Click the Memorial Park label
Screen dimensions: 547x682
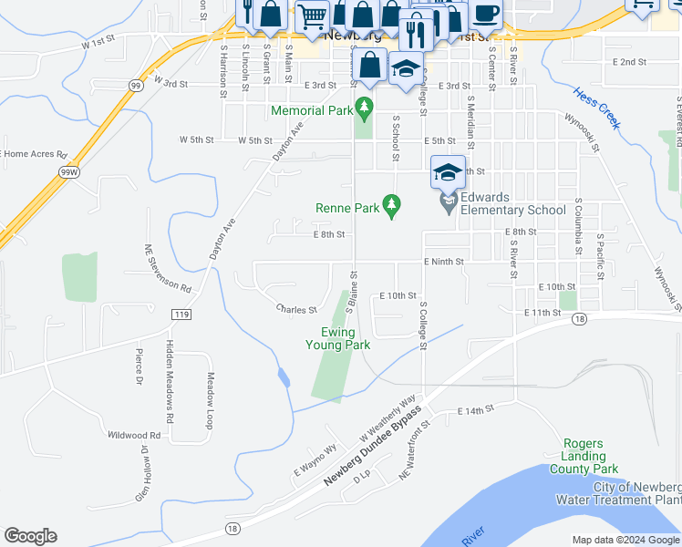point(311,110)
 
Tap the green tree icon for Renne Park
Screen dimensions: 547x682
point(393,207)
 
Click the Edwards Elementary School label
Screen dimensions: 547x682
point(513,202)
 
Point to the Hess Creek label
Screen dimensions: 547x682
point(597,108)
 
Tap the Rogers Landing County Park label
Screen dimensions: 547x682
point(584,456)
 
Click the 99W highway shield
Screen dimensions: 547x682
point(67,171)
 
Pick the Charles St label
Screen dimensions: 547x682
point(296,309)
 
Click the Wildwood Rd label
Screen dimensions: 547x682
point(133,435)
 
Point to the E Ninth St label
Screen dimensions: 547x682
point(444,262)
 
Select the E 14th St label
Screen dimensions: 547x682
point(475,411)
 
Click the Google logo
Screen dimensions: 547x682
point(30,536)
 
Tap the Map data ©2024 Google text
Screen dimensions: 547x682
point(625,540)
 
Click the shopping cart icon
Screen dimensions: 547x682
point(313,15)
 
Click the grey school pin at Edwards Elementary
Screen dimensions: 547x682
point(448,202)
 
